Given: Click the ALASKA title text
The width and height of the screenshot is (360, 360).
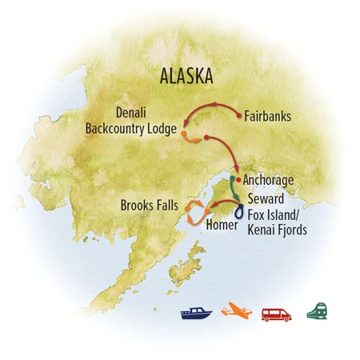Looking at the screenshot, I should point(186,77).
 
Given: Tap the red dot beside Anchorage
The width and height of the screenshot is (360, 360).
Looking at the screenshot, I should point(238,178).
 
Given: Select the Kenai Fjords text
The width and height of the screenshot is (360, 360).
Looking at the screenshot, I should point(278,230).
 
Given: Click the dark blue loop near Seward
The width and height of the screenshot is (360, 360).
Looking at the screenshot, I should point(239,211).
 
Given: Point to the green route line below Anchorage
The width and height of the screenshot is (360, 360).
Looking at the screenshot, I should point(234,190).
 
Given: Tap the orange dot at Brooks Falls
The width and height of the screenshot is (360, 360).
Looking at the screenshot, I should point(189,207).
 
